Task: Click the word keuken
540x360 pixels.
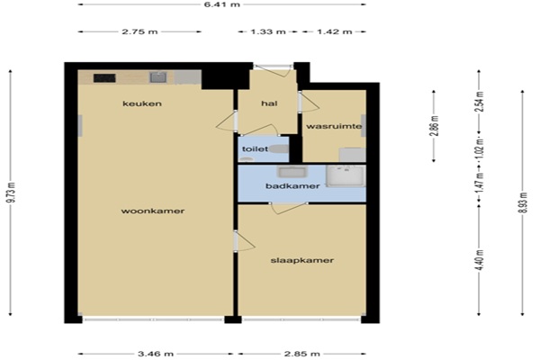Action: pyautogui.click(x=142, y=103)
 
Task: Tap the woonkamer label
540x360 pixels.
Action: pyautogui.click(x=153, y=211)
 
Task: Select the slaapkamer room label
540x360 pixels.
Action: pyautogui.click(x=302, y=260)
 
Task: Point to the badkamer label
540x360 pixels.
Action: pyautogui.click(x=292, y=186)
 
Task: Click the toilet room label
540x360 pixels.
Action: pyautogui.click(x=255, y=149)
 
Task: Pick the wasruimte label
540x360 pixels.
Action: pyautogui.click(x=334, y=126)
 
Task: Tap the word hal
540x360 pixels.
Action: pyautogui.click(x=269, y=103)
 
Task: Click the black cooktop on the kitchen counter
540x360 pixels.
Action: pyautogui.click(x=104, y=78)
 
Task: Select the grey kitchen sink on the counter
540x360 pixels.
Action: pyautogui.click(x=157, y=77)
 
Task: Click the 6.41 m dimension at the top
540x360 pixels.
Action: pyautogui.click(x=221, y=4)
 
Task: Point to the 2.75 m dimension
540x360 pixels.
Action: pyautogui.click(x=139, y=31)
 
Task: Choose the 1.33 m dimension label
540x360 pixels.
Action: pyautogui.click(x=268, y=31)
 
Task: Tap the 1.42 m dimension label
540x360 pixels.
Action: pyautogui.click(x=335, y=31)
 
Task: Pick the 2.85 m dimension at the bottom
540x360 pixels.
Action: pyautogui.click(x=301, y=354)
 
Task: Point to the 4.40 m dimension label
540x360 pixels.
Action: pyautogui.click(x=479, y=260)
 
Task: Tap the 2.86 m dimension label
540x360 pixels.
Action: pyautogui.click(x=435, y=125)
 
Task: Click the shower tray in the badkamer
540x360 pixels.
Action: pyautogui.click(x=346, y=175)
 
